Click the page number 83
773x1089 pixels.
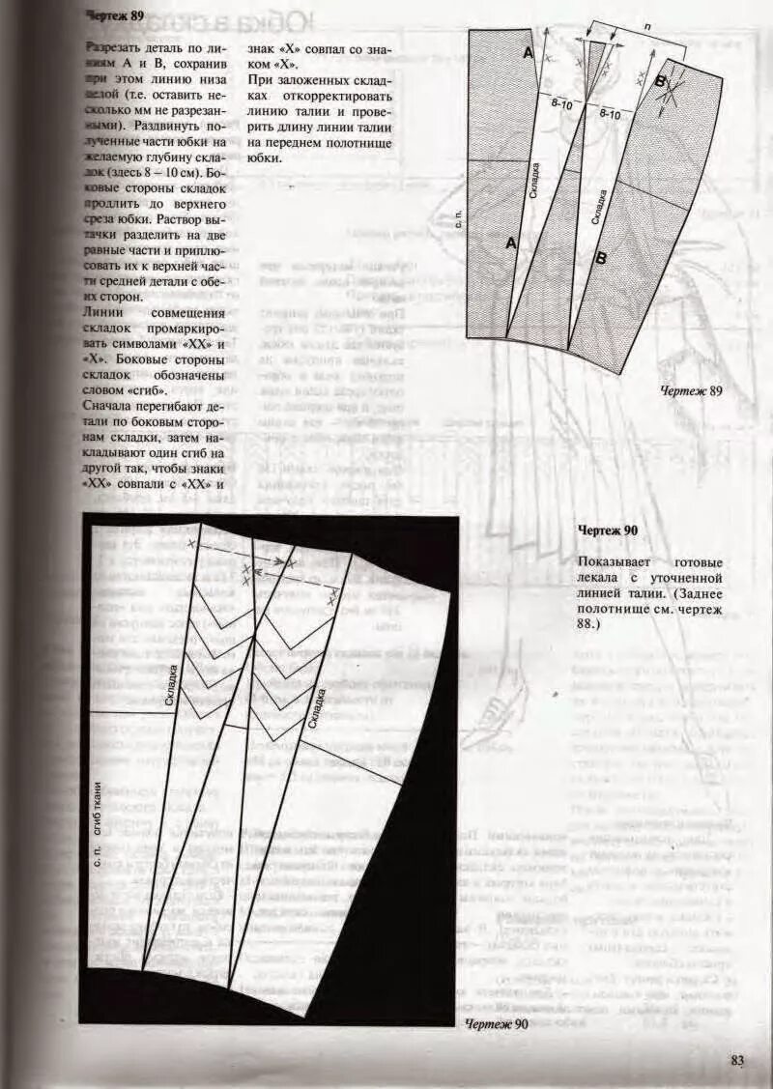(737, 1060)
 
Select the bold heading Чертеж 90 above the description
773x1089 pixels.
(608, 530)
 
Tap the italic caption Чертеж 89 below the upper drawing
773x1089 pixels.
(691, 391)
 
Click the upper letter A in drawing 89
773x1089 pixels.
(529, 53)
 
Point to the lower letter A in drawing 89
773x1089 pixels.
(511, 244)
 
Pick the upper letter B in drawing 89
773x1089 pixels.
(661, 82)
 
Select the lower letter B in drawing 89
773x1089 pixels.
(600, 258)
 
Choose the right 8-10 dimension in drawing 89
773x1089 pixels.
(610, 114)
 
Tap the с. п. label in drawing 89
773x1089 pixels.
(460, 218)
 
